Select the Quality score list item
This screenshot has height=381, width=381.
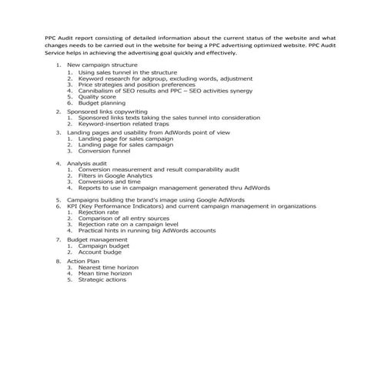tap(96, 97)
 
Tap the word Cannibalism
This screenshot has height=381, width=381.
tap(98, 91)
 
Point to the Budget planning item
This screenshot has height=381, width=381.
tap(102, 103)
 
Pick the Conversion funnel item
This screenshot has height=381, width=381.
tap(105, 151)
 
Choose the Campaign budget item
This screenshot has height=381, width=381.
tap(104, 246)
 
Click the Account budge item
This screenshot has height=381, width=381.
tap(100, 252)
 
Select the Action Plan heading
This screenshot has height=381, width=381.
tap(84, 261)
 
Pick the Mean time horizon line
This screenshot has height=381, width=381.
tap(105, 273)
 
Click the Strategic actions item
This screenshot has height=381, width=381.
tap(102, 279)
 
